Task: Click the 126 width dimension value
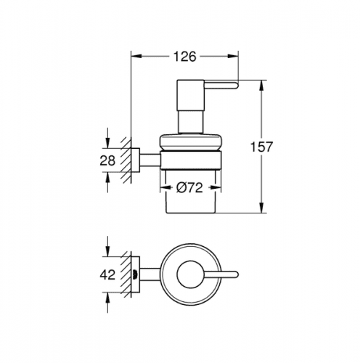(x=184, y=57)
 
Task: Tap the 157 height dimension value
(x=261, y=147)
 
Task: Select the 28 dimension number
(x=107, y=160)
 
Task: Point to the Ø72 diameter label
(x=189, y=187)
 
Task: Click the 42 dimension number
(x=107, y=274)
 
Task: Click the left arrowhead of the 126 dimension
(x=136, y=56)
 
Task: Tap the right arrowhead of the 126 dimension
(x=234, y=56)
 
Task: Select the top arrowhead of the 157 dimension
(x=261, y=85)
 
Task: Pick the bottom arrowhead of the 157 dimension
(x=261, y=208)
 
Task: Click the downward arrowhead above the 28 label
(x=107, y=143)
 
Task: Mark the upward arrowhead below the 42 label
(x=107, y=297)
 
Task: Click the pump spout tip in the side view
(x=237, y=86)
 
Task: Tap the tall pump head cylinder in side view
(x=191, y=95)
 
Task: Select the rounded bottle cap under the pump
(x=190, y=142)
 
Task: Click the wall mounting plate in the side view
(x=135, y=160)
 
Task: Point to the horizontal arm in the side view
(x=150, y=160)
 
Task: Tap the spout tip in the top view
(x=237, y=274)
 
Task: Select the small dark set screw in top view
(x=134, y=275)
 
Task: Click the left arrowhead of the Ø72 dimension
(x=165, y=187)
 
